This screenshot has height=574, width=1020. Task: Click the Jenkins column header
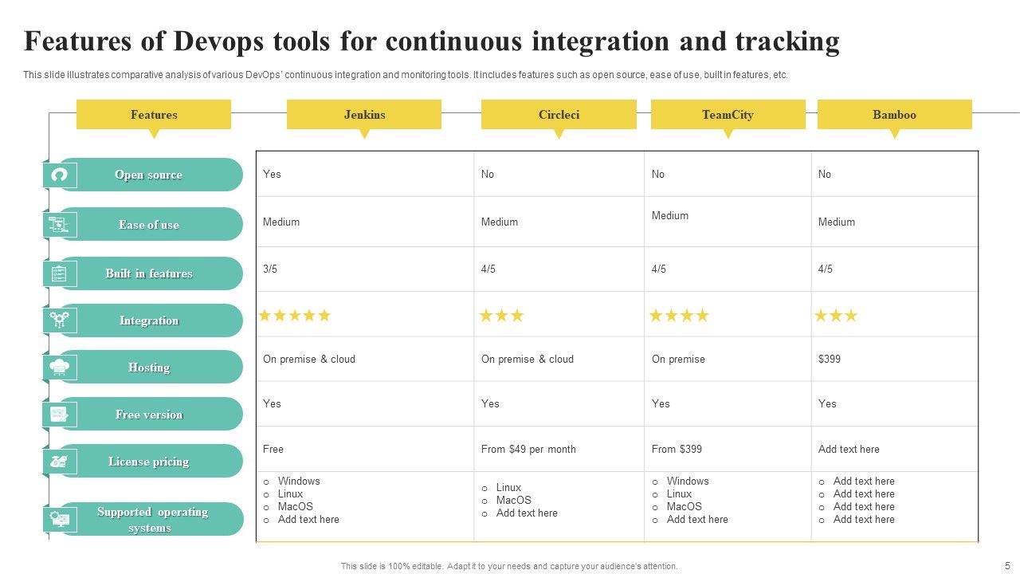point(364,115)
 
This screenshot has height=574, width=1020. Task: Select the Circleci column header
point(559,115)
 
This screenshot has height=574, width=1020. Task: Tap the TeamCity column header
point(728,115)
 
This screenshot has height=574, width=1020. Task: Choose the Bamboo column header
point(894,115)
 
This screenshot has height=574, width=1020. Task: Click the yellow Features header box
point(154,115)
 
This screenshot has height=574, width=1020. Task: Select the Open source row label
point(149,175)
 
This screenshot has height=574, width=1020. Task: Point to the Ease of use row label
point(149,225)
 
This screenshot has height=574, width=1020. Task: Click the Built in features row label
point(149,273)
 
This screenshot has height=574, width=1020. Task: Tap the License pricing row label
point(149,462)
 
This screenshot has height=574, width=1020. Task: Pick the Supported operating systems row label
point(151,519)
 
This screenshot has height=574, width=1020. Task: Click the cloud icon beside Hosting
point(60,368)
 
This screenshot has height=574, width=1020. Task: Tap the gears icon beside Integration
point(60,320)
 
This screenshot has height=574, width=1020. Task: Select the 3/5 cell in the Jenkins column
point(270,269)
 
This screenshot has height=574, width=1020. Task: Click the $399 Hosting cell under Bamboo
point(830,360)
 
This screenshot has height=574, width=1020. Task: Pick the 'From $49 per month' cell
point(528,450)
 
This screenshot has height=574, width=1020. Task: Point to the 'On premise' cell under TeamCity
point(678,360)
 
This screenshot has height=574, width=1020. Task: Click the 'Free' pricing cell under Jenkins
point(273,450)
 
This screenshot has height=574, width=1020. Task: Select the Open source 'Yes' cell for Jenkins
point(272,175)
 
